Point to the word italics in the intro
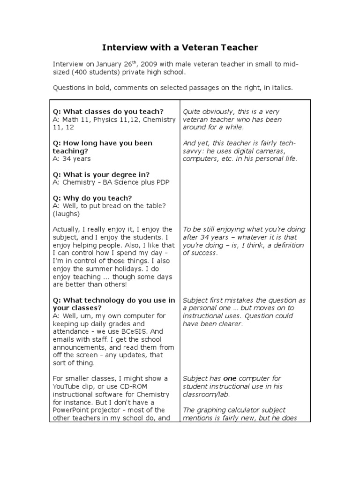[x=280, y=88]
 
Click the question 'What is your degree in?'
[x=101, y=174]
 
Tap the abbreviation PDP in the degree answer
[x=161, y=182]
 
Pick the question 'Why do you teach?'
[x=92, y=198]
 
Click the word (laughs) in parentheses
[x=66, y=214]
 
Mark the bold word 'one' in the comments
[x=230, y=379]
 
